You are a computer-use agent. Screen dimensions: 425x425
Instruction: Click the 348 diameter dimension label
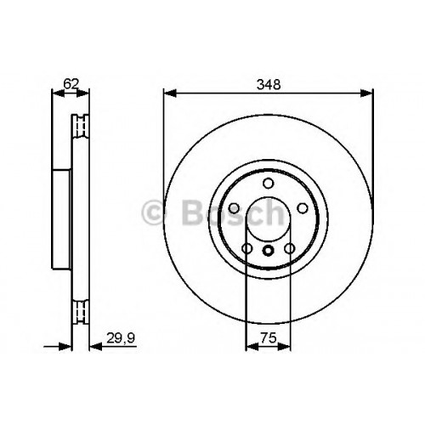coord(269,84)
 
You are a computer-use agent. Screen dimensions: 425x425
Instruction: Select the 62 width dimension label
coord(71,84)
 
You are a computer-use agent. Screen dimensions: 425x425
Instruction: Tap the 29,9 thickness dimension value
coord(121,338)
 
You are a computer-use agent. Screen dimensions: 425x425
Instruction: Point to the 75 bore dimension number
coord(269,338)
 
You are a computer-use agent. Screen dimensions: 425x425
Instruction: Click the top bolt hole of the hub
coord(268,183)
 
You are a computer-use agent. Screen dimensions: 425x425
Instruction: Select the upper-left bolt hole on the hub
coord(235,208)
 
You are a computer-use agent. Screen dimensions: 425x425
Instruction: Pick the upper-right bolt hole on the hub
coord(303,208)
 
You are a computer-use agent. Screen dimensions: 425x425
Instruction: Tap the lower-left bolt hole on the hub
coord(247,249)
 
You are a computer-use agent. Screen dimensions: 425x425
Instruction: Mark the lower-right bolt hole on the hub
coord(290,249)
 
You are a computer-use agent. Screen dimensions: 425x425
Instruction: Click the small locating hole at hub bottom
coord(268,251)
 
